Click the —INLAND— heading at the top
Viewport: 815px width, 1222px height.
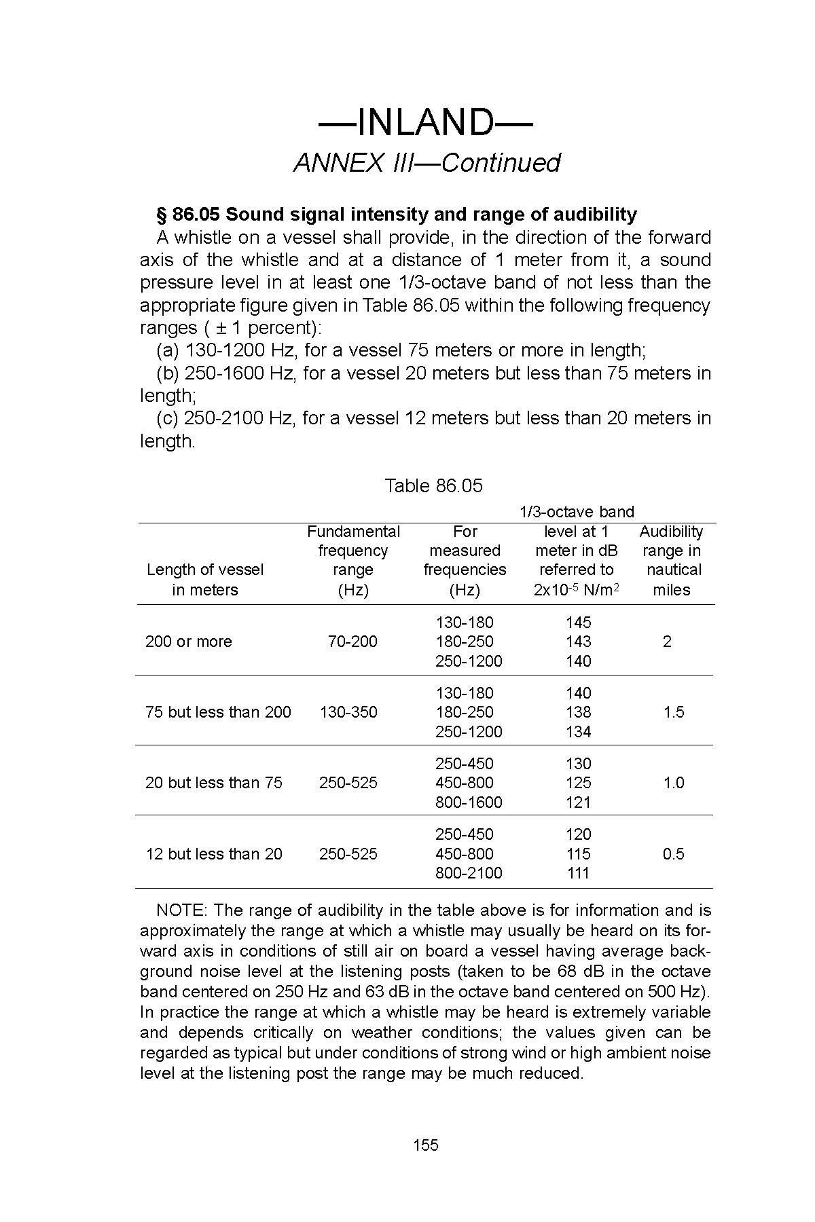point(426,123)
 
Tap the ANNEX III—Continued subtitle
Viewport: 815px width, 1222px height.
point(427,164)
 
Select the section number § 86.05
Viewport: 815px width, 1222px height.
point(188,215)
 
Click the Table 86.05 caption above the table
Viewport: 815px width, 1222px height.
point(433,486)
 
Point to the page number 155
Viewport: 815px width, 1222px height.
point(426,1145)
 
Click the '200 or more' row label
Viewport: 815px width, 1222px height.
point(188,642)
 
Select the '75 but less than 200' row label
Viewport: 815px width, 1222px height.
point(218,712)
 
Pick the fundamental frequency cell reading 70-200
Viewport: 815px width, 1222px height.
point(352,642)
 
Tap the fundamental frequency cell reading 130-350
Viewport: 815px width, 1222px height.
point(348,712)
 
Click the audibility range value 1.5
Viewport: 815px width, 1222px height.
point(674,712)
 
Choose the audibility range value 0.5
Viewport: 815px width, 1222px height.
point(674,854)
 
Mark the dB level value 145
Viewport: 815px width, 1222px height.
point(578,623)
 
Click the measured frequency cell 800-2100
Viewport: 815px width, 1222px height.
point(469,873)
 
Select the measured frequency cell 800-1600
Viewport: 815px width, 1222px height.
point(469,802)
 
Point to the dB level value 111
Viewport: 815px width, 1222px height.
point(578,873)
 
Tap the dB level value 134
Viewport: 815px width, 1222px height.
point(578,732)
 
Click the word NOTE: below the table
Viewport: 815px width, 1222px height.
point(182,910)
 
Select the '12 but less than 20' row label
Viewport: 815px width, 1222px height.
point(214,854)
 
